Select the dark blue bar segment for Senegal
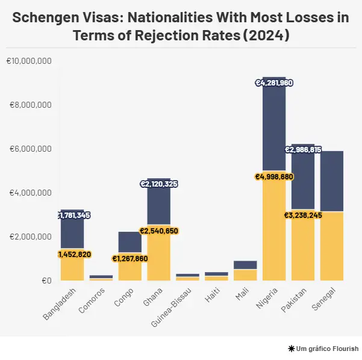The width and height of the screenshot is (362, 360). (332, 181)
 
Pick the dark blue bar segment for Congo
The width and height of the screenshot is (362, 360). (130, 241)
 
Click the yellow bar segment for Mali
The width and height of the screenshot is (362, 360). (245, 275)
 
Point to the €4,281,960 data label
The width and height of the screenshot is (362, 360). (274, 82)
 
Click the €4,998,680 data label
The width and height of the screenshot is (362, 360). (274, 177)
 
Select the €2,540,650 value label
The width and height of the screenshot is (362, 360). (159, 231)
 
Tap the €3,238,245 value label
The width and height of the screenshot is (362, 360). (303, 214)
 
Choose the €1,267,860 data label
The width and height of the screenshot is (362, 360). (130, 259)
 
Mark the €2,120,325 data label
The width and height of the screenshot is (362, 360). (159, 184)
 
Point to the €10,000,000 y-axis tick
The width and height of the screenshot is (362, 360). (29, 61)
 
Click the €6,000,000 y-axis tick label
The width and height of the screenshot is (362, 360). (31, 149)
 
